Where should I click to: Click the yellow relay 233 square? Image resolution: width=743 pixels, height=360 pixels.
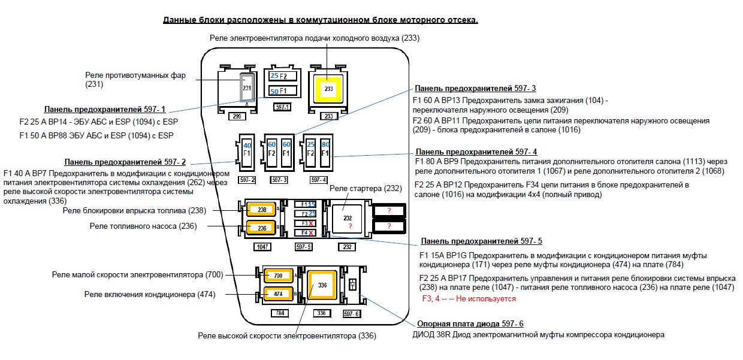[x=328, y=89]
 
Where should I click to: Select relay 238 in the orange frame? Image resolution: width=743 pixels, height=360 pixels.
[x=262, y=210]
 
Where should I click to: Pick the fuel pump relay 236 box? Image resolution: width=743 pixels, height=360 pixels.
[x=262, y=228]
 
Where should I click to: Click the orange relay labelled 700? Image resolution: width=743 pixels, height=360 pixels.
[x=277, y=276]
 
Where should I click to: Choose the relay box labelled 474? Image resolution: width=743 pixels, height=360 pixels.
[x=277, y=294]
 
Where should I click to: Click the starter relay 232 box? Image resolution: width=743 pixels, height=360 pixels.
[x=347, y=219]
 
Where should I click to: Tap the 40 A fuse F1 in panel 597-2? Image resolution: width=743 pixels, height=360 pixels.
[x=247, y=150]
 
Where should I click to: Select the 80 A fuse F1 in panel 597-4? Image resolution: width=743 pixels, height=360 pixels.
[x=325, y=150]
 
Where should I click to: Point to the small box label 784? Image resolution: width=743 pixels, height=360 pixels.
[x=279, y=313]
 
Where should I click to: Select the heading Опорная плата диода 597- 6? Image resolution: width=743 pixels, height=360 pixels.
[x=470, y=324]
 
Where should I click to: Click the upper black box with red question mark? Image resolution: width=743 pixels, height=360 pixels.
[x=389, y=211]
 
